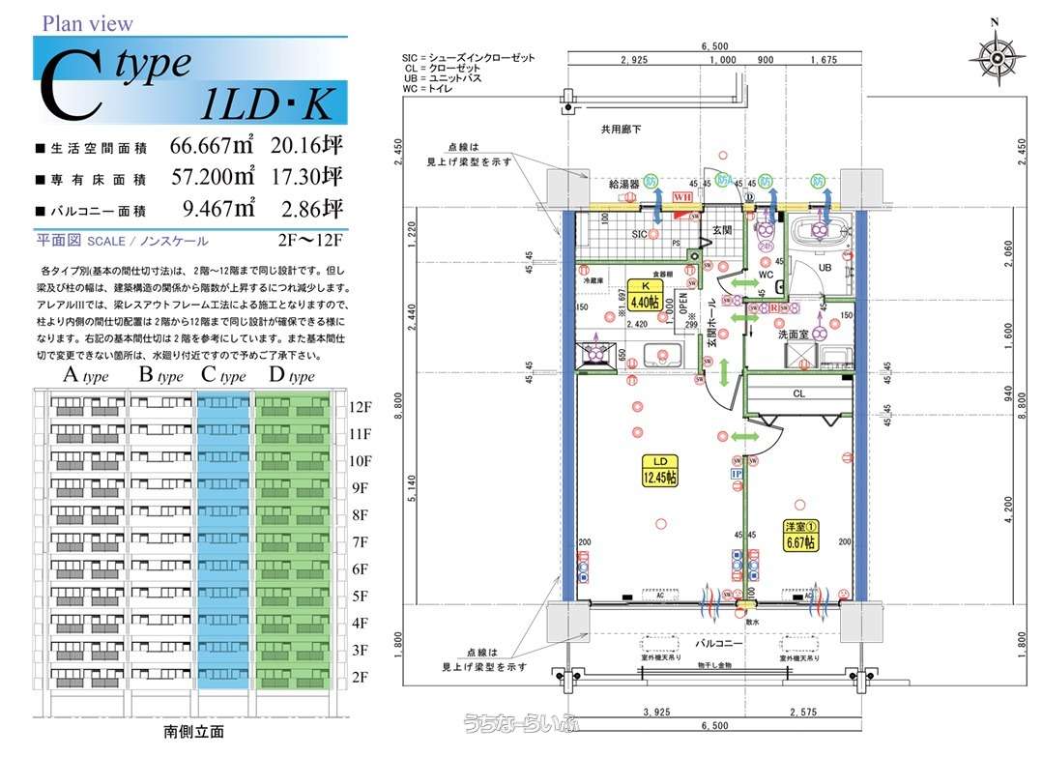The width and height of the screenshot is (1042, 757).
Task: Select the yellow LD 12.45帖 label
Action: tap(662, 471)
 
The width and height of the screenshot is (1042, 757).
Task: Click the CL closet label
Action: tap(798, 393)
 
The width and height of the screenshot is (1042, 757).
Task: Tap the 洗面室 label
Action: tap(794, 334)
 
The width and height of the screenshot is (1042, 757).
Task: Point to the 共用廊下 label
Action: tap(622, 129)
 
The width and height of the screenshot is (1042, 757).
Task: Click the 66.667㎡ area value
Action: tap(212, 147)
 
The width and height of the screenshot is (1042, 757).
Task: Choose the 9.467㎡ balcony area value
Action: tap(218, 207)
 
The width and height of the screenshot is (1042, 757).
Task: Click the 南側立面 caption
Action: tap(192, 732)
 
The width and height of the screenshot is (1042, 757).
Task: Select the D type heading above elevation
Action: tap(286, 376)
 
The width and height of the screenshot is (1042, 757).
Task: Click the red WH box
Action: tap(682, 196)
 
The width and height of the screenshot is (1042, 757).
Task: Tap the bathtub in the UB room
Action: tap(820, 232)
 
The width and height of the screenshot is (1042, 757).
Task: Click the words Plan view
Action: tap(88, 23)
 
